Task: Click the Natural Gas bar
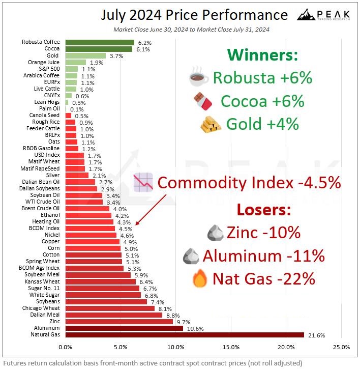point(185,335)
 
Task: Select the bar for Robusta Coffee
point(100,42)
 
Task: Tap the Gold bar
point(85,55)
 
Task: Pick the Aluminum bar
point(124,328)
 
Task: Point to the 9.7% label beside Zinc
point(182,322)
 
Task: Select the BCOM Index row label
point(45,229)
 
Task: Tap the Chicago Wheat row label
point(41,308)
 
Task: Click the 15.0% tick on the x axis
point(231,347)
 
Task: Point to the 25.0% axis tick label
point(341,347)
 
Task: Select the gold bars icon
point(211,125)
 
